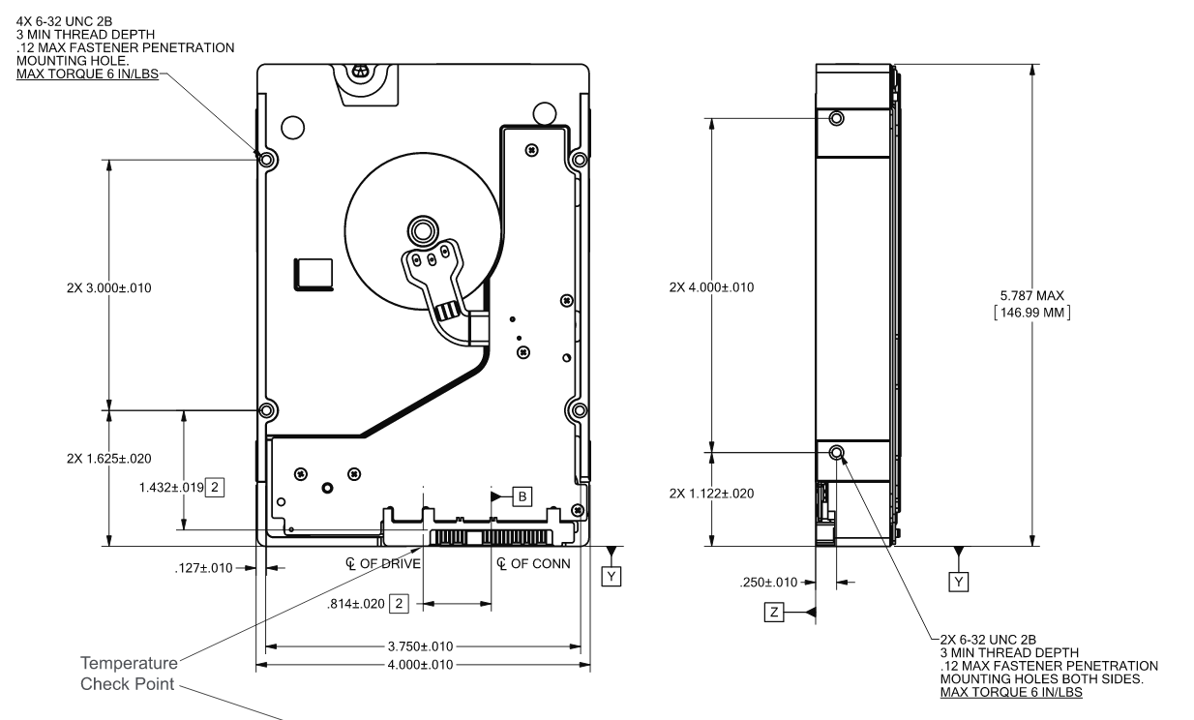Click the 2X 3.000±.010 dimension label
tap(108, 287)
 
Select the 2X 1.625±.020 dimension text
tap(108, 459)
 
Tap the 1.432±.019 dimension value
tap(171, 487)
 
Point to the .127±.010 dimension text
tap(203, 568)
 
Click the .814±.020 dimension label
tap(355, 604)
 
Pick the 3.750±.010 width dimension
tap(420, 646)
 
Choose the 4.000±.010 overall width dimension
tap(420, 665)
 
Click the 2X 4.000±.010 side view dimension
tap(711, 287)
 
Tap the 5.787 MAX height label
tap(1032, 295)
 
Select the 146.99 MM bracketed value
tap(1032, 313)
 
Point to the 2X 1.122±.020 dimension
tap(711, 494)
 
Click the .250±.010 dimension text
tap(768, 583)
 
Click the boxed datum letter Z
tap(774, 612)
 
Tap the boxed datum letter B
tap(522, 496)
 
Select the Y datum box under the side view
tap(959, 582)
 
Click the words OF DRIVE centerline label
tap(390, 564)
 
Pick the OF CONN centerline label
tap(541, 564)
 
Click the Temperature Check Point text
tap(129, 674)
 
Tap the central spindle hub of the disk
tap(423, 230)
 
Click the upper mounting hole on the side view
tap(836, 118)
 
